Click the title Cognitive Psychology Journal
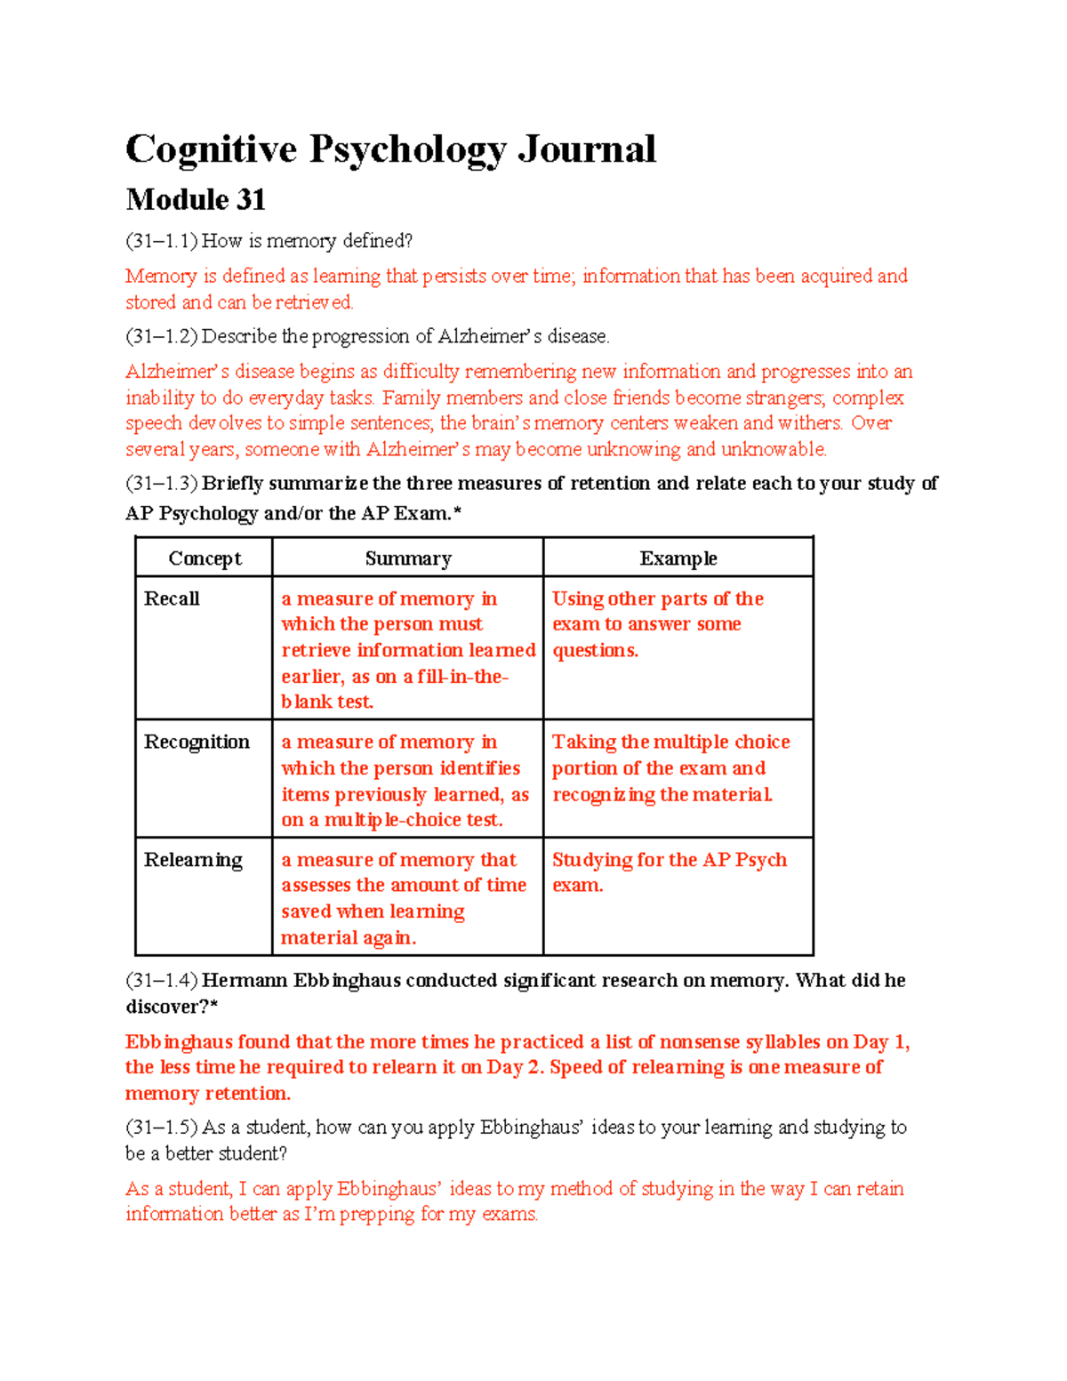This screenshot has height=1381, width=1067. point(390,149)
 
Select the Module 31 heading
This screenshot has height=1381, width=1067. point(196,199)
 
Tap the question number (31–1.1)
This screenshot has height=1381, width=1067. point(161,241)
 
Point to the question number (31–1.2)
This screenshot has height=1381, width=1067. point(161,336)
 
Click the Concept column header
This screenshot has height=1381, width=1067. point(205,558)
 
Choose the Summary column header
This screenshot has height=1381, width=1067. point(408,558)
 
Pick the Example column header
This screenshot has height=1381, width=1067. point(678,558)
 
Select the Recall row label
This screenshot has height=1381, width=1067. point(172,598)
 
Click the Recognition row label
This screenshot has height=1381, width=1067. point(197,742)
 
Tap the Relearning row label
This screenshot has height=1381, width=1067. point(193,860)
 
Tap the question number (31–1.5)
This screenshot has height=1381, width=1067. point(161,1128)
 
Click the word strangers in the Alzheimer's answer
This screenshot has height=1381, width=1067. point(783,397)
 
